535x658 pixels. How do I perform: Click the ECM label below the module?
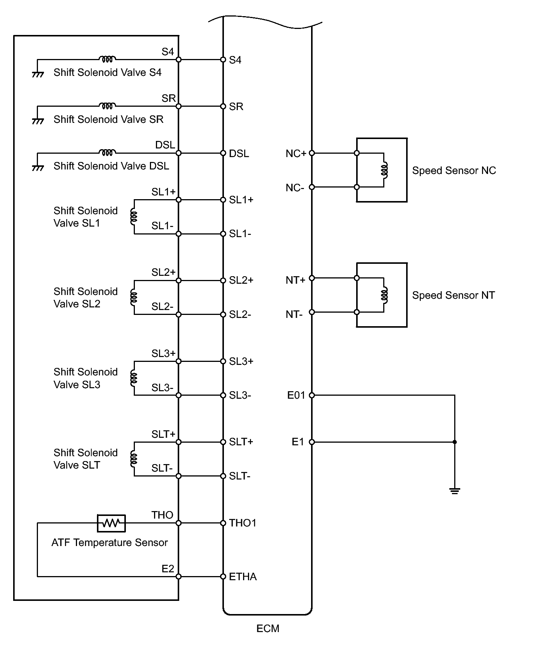267,629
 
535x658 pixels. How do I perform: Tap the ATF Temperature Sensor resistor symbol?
111,523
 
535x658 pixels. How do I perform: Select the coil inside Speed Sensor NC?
384,170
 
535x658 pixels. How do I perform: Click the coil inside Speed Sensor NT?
384,295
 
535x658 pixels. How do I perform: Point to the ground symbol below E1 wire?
455,490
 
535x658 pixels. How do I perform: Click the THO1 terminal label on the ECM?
243,523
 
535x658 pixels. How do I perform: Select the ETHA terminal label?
243,576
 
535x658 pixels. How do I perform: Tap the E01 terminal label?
296,395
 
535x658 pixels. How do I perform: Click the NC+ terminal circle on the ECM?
311,153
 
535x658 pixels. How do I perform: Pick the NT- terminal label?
294,314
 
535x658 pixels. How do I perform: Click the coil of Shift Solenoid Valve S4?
107,59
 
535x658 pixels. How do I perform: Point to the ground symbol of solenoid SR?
38,121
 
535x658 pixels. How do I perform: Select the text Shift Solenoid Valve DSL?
111,166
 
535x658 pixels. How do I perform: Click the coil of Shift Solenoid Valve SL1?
133,217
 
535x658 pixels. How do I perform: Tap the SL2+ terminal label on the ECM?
241,280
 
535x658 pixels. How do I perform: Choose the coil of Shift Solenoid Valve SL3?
133,378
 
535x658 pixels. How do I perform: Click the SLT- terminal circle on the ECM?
223,476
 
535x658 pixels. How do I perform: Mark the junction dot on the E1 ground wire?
455,442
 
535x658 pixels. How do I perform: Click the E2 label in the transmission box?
168,569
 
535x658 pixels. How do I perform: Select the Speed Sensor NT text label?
453,295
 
